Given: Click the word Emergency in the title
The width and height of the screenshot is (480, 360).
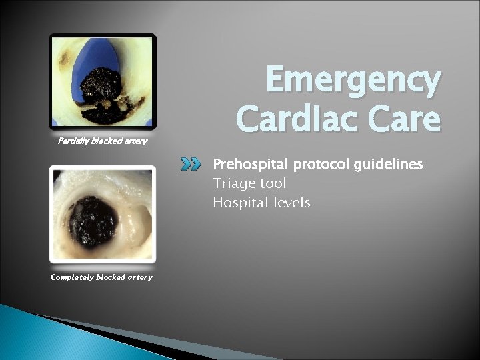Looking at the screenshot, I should click(x=353, y=81).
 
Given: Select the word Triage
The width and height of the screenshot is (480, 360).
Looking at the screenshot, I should click(x=230, y=183).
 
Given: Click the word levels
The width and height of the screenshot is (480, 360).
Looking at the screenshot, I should click(x=291, y=202).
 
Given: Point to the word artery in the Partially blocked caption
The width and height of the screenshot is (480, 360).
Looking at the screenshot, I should click(x=135, y=141).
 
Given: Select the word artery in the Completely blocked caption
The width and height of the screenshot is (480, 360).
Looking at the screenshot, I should click(x=138, y=277).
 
